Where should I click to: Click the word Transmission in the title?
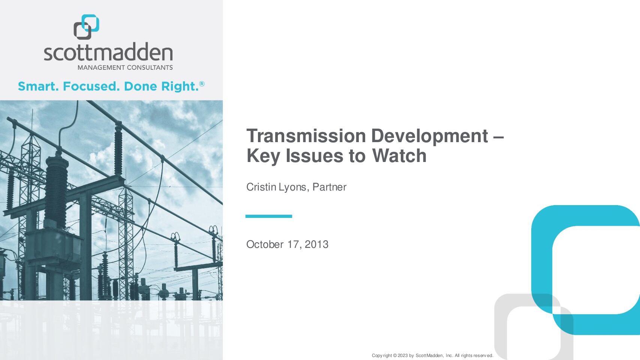[306, 136]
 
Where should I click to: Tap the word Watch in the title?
[399, 156]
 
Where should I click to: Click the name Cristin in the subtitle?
[261, 187]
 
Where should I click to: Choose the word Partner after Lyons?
[330, 187]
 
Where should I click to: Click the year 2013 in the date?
[316, 244]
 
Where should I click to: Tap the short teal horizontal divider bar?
[268, 216]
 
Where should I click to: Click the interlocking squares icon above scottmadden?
[87, 27]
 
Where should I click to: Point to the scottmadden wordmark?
[108, 52]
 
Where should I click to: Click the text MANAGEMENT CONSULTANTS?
[125, 68]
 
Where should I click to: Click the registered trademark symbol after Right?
[202, 84]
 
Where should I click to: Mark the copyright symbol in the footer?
[395, 355]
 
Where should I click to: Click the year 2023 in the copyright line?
[403, 355]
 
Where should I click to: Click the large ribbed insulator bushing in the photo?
[56, 189]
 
